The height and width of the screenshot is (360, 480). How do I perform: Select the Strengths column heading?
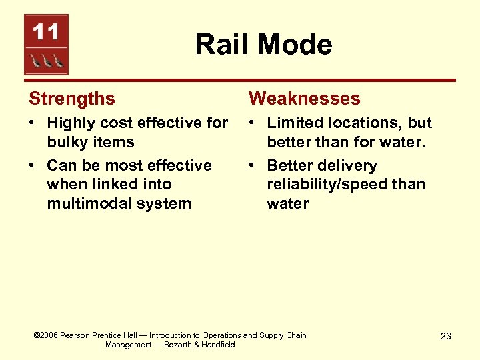click(x=72, y=99)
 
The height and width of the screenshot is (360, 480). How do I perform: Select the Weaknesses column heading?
click(x=304, y=99)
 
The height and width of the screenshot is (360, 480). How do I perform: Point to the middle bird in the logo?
click(x=46, y=61)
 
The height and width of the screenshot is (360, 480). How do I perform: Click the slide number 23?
click(x=445, y=336)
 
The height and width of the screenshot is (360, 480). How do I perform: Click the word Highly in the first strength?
click(x=72, y=123)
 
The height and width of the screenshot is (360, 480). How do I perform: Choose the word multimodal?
click(x=86, y=203)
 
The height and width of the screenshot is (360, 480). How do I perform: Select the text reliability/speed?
click(x=323, y=185)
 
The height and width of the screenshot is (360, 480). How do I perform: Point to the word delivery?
click(x=347, y=166)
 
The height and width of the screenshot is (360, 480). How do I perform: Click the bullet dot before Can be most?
click(x=32, y=166)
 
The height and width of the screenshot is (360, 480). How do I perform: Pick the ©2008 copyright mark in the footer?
click(x=45, y=335)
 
